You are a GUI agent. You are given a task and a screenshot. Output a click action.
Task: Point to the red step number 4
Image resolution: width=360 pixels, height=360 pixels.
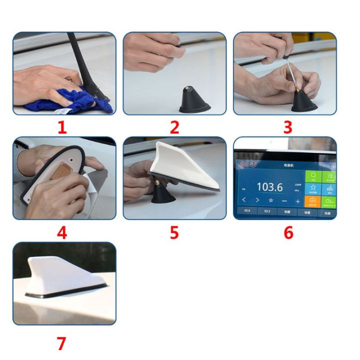[61, 232]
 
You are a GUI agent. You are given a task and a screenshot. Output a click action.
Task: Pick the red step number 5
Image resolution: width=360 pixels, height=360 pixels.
[174, 232]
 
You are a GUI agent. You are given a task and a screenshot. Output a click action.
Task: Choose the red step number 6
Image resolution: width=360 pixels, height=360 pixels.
[288, 232]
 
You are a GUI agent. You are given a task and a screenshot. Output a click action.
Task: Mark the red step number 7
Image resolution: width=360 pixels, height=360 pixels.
[61, 343]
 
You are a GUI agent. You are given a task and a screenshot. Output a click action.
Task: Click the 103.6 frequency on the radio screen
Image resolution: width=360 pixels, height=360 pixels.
[270, 187]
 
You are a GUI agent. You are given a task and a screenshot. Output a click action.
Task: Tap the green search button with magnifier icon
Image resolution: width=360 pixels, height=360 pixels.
[313, 176]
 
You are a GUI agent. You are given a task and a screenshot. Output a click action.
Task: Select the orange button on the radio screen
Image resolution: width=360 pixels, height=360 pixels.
[313, 201]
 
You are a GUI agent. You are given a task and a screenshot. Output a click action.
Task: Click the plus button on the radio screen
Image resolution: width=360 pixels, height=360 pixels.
[298, 201]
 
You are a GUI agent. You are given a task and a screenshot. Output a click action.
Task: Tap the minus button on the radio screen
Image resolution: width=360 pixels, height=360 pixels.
[284, 201]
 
